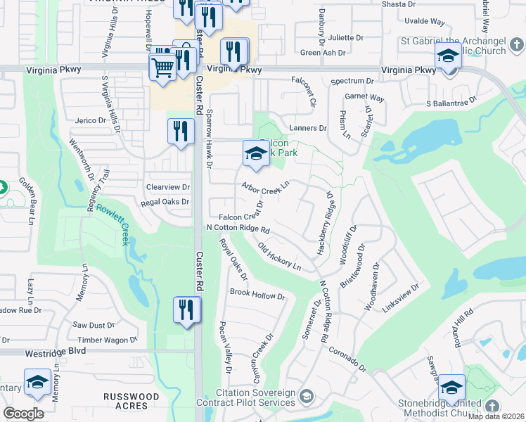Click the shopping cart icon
point(162,68)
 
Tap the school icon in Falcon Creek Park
point(255,154)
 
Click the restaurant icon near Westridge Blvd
point(186,311)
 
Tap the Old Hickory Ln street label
point(279,257)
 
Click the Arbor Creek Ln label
point(265,187)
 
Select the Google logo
point(23,413)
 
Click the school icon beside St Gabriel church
point(448,56)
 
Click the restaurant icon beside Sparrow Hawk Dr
point(181,132)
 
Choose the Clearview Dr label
point(168,187)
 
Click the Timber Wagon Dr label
point(108,340)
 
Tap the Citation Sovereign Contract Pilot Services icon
point(306,397)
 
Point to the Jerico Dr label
point(90,121)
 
